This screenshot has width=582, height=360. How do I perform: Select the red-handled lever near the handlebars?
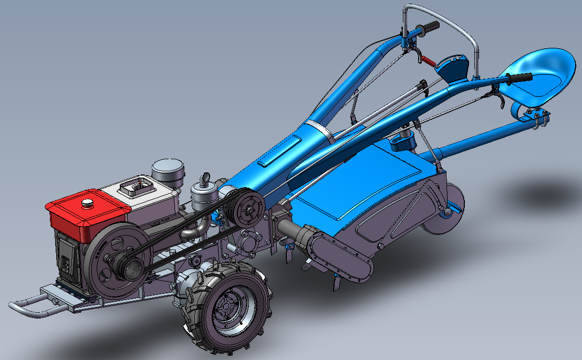[x=428, y=61]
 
